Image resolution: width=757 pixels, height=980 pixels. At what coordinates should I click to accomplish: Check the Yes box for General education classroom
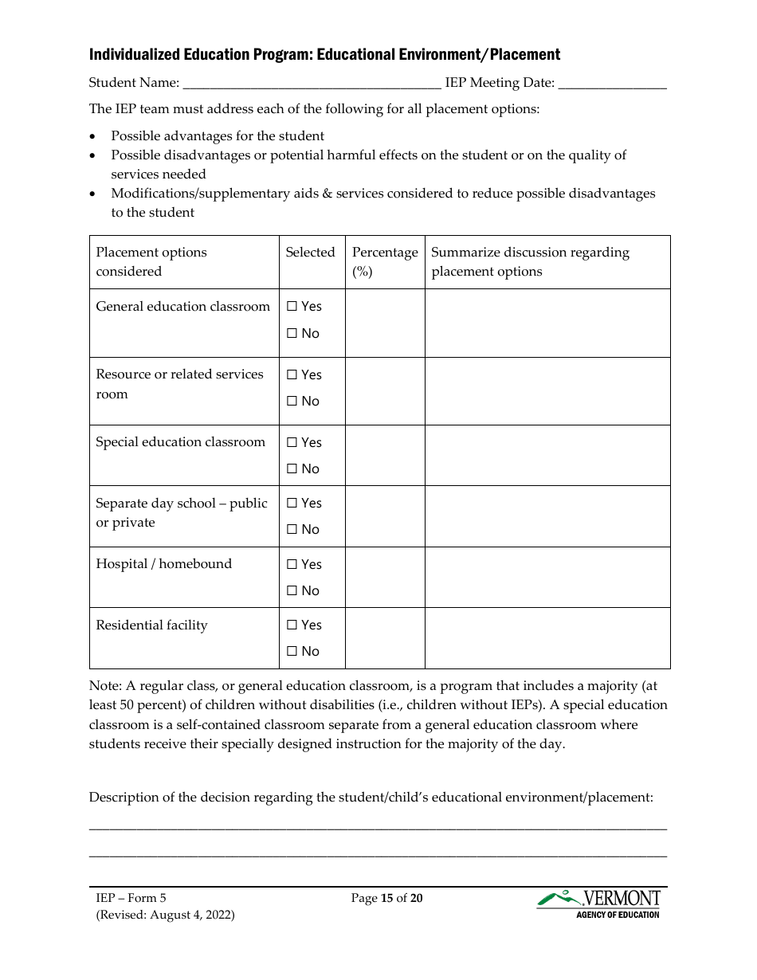click(x=292, y=307)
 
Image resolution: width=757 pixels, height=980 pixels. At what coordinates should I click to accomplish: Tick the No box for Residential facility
click(x=292, y=652)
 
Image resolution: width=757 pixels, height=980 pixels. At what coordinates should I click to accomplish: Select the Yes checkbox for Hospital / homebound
click(x=292, y=565)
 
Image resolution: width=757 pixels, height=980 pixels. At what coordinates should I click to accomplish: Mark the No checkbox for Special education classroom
click(x=292, y=469)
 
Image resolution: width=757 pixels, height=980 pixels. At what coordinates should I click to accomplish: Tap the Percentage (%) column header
click(x=385, y=261)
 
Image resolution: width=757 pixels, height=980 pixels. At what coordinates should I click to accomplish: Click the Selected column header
click(x=310, y=253)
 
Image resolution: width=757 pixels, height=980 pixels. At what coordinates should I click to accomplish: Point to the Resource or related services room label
click(x=179, y=384)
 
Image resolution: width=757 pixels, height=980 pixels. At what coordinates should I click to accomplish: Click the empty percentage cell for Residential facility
click(x=385, y=638)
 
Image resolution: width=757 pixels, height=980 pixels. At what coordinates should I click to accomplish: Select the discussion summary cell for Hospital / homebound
click(x=547, y=578)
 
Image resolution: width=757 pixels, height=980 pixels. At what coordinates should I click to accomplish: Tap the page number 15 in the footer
click(x=387, y=899)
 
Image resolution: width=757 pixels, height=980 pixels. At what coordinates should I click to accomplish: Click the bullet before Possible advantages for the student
click(x=94, y=136)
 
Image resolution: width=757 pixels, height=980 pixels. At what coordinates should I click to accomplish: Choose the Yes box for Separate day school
click(x=292, y=504)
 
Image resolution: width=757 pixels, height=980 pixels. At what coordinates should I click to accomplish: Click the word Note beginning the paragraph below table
click(x=104, y=686)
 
